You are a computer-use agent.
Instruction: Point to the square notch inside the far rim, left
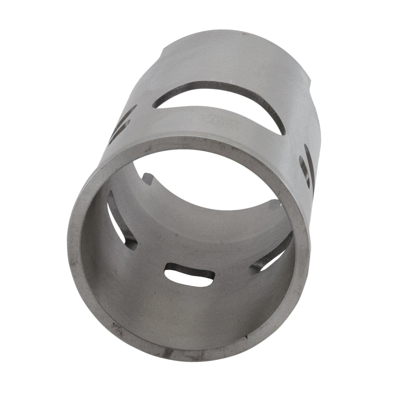point(148,178)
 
